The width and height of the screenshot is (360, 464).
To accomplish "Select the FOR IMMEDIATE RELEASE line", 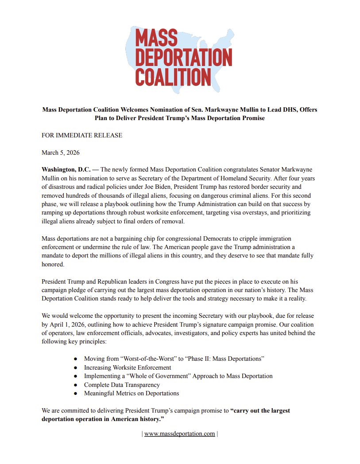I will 82,135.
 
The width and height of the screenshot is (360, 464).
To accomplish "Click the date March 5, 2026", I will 61,152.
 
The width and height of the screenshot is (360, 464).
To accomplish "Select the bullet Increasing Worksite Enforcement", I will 128,367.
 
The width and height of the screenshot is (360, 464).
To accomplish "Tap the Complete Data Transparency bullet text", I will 122,385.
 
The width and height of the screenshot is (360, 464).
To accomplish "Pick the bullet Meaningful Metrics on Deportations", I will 132,393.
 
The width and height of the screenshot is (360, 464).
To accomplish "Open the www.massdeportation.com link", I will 180,433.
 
